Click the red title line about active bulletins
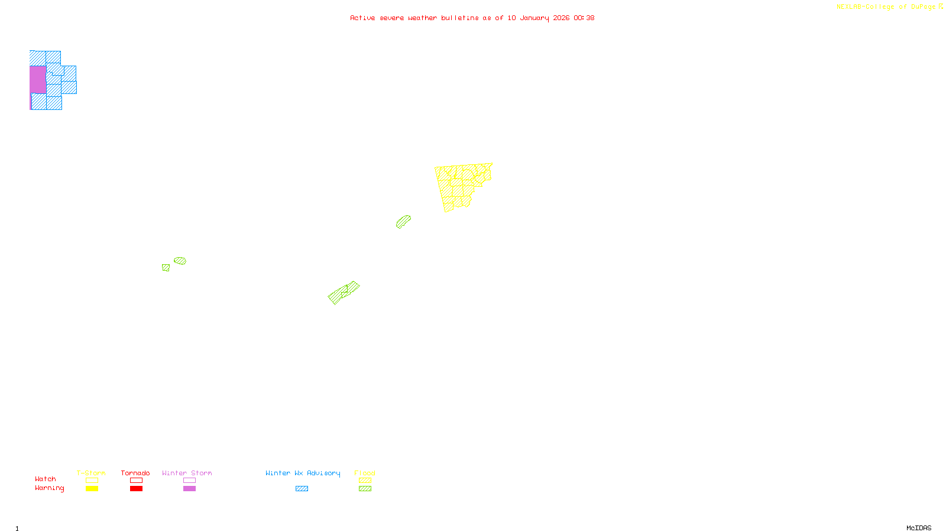472,18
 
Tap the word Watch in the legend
46,479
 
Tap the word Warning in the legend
49,488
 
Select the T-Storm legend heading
91,473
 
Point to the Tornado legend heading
135,473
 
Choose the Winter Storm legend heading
187,473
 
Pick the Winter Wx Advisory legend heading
303,473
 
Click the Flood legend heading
365,473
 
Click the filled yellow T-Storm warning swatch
92,489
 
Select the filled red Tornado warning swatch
137,489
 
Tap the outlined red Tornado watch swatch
137,481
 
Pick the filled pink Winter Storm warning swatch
190,489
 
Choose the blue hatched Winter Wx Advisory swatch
302,489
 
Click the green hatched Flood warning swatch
365,489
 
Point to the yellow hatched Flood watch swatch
365,481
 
